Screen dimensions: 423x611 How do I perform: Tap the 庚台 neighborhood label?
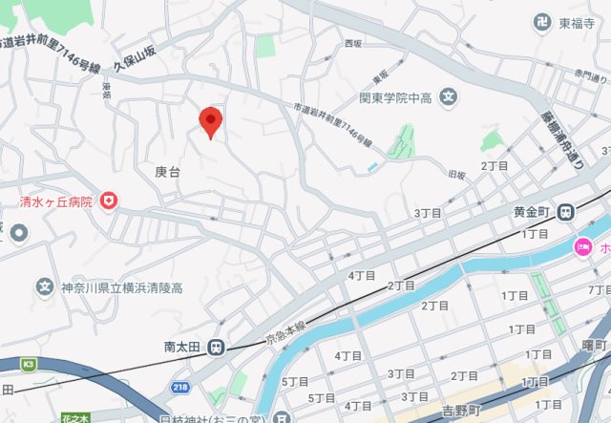tap(167, 172)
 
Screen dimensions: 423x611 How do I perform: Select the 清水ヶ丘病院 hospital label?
tap(56, 201)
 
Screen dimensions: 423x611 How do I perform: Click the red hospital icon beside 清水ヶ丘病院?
tap(110, 201)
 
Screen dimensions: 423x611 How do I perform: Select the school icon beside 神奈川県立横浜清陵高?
tap(43, 286)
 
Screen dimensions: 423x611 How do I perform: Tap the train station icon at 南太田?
tap(217, 348)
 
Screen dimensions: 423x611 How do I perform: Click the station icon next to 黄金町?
tap(566, 212)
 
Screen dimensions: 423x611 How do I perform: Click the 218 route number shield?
tap(181, 386)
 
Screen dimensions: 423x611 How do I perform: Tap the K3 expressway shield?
tap(29, 364)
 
